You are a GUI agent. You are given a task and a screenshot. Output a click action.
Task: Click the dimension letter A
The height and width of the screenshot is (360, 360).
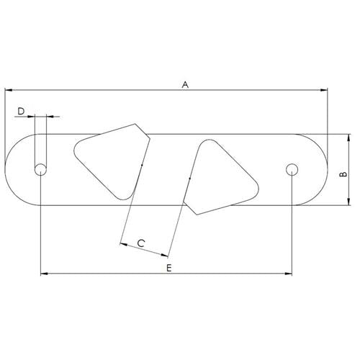coord(185,84)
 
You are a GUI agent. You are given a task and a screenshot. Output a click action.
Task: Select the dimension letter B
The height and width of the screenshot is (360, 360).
coord(343,174)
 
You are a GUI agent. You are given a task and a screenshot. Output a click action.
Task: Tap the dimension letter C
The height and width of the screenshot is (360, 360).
coord(142,243)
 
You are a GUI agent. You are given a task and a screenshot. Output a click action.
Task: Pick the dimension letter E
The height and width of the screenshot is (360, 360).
coord(168,267)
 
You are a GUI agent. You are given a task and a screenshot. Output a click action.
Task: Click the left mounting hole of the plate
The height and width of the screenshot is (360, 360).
coord(41,170)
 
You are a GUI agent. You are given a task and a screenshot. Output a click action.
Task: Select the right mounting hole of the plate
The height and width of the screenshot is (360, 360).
coord(292,170)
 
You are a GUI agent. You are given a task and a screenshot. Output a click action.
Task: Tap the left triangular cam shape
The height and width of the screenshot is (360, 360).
coord(112,161)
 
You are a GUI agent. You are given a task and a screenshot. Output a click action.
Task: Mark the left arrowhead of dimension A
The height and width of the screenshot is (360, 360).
coord(9,90)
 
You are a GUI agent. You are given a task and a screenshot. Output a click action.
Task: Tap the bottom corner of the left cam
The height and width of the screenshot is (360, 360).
coord(122,199)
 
